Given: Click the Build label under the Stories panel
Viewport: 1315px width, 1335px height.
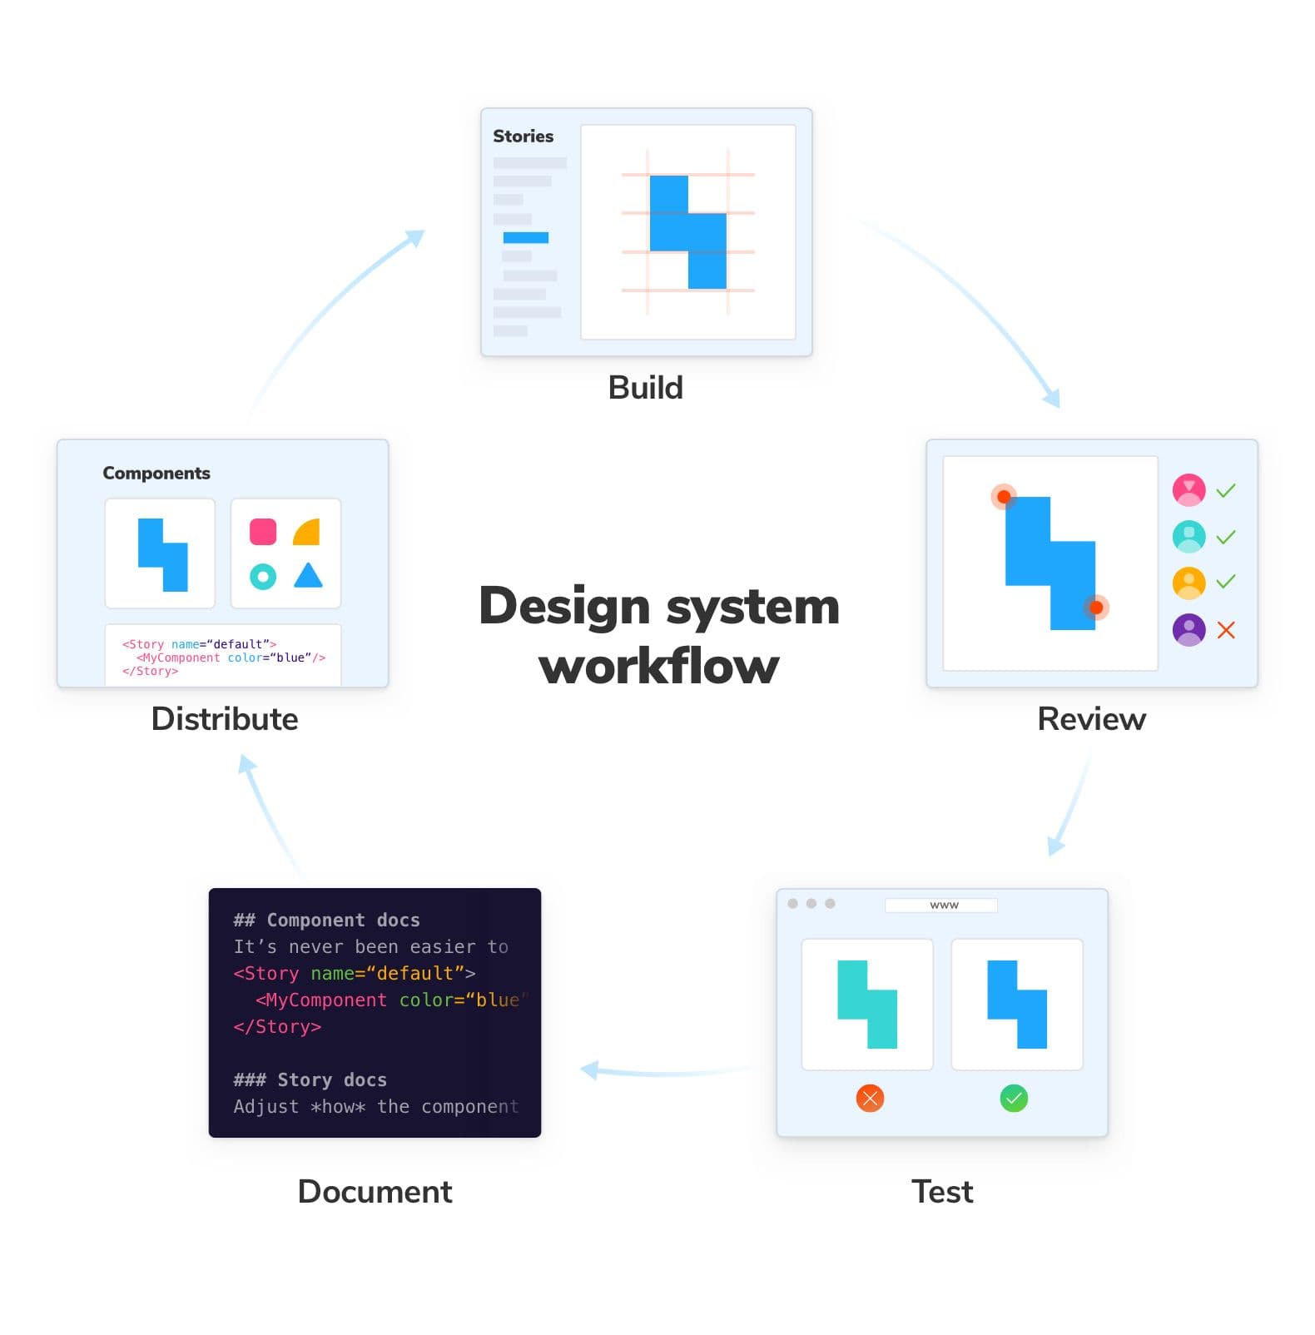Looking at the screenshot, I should click(x=645, y=388).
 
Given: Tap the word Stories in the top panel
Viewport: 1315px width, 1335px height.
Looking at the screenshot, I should click(x=523, y=136).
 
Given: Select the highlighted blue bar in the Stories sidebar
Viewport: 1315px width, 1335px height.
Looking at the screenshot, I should click(x=525, y=238).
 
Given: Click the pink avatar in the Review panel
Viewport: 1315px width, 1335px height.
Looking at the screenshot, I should click(x=1188, y=490).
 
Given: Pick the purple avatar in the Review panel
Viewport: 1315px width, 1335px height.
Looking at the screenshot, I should click(x=1188, y=629).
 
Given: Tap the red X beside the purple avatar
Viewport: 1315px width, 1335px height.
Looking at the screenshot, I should click(x=1225, y=630).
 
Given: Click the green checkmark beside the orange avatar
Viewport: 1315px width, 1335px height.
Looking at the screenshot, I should click(x=1225, y=581).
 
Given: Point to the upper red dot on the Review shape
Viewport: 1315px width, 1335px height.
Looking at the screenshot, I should click(x=1004, y=497).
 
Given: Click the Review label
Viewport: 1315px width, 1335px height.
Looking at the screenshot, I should click(x=1090, y=719).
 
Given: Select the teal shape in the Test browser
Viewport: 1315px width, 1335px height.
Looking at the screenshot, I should click(x=866, y=1004).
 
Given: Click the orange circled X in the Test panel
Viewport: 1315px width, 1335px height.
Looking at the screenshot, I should click(x=869, y=1099).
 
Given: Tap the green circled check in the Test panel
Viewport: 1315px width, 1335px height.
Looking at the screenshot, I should click(x=1013, y=1099).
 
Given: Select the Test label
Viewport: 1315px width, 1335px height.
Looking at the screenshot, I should click(x=941, y=1192).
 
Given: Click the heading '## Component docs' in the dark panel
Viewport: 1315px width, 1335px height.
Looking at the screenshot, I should click(x=326, y=921).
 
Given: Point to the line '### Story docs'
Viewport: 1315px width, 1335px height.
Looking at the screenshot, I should click(x=310, y=1080).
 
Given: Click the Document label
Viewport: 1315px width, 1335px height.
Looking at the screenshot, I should click(x=375, y=1192).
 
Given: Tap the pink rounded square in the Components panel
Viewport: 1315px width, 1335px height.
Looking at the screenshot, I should click(x=263, y=532).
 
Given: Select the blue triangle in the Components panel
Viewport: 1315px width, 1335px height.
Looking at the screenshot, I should click(x=308, y=576).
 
